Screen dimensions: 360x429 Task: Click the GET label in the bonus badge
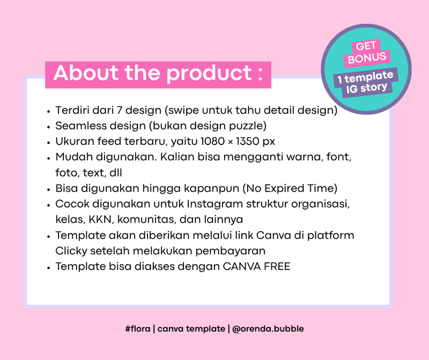[x=366, y=46]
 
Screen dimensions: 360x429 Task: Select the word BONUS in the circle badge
[x=367, y=58]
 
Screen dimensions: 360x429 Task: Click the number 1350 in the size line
[x=250, y=142]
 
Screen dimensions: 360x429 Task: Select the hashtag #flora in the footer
[x=137, y=328]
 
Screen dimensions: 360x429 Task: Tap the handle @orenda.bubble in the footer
[x=268, y=328]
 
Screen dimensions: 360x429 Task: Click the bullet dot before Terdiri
[x=49, y=111]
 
